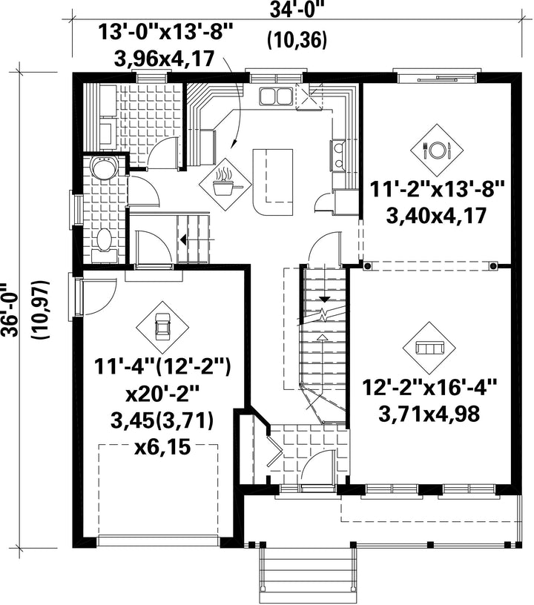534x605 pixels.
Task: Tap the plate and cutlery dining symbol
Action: click(437, 150)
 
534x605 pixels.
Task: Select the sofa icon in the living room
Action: click(429, 348)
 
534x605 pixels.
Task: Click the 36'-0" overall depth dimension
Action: click(9, 310)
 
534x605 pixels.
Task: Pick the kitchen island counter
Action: click(272, 182)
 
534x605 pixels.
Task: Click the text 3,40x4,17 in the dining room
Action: click(436, 216)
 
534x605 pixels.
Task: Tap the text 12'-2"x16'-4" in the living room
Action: click(429, 386)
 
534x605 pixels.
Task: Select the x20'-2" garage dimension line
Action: click(162, 394)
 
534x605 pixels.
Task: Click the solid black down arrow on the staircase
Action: click(325, 299)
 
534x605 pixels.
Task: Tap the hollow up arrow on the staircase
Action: click(322, 337)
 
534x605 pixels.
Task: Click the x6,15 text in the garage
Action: click(162, 447)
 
